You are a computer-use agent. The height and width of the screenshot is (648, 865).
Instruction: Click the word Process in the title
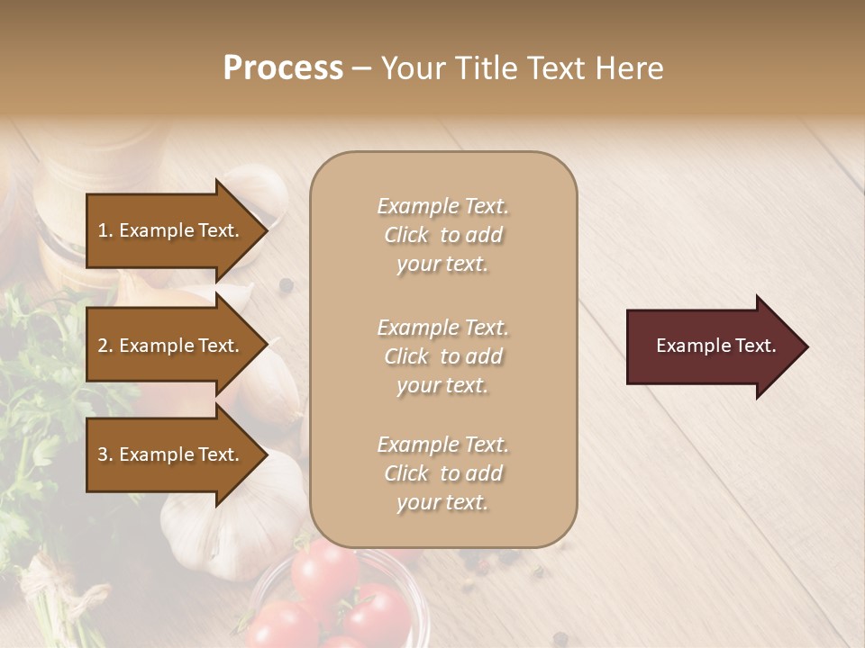pyautogui.click(x=283, y=68)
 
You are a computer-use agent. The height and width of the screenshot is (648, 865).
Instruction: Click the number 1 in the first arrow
pyautogui.click(x=103, y=230)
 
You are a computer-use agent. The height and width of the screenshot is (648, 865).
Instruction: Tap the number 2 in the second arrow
pyautogui.click(x=103, y=346)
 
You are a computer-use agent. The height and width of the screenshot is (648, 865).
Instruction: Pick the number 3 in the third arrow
pyautogui.click(x=103, y=454)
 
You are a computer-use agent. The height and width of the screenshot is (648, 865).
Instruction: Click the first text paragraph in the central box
pyautogui.click(x=442, y=235)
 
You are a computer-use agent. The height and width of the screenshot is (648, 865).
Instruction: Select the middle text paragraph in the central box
pyautogui.click(x=442, y=356)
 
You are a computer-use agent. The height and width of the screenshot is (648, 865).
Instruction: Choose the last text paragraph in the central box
pyautogui.click(x=442, y=473)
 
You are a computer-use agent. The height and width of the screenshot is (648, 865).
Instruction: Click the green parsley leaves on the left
pyautogui.click(x=36, y=396)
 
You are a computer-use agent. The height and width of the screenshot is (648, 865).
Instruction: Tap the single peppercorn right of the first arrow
pyautogui.click(x=287, y=285)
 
